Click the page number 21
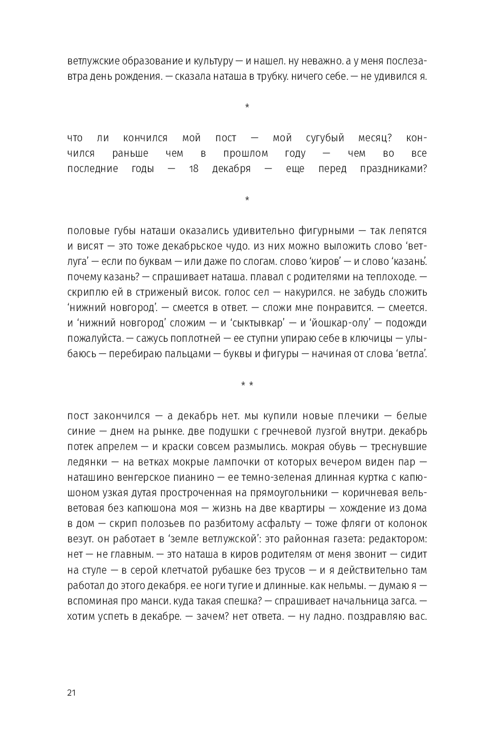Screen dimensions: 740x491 (71, 693)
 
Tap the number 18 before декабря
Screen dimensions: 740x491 (194, 169)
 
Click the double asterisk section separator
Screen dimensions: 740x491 (247, 385)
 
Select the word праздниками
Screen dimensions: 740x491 (393, 169)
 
